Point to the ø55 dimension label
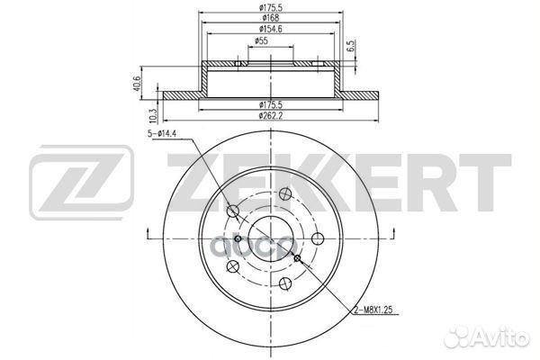pyautogui.click(x=262, y=41)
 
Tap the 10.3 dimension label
pyautogui.click(x=154, y=114)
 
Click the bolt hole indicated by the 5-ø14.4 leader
pyautogui.click(x=233, y=211)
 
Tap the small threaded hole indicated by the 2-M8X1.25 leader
pyautogui.click(x=297, y=258)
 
